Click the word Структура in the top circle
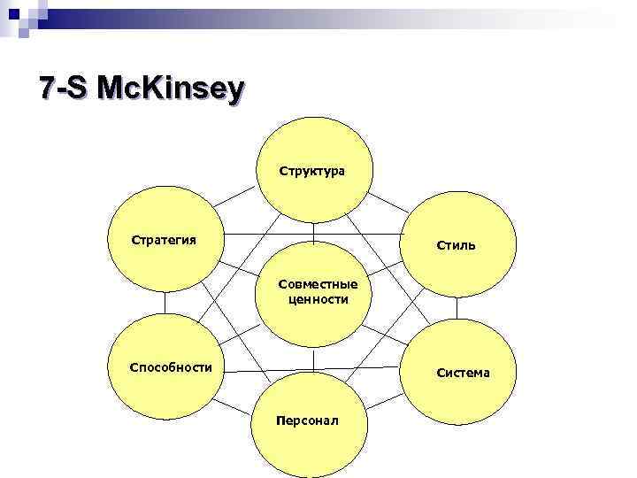pos(312,169)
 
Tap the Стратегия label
pos(164,240)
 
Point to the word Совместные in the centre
pos(318,284)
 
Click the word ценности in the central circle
pos(318,299)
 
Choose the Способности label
pos(171,367)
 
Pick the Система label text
pos(463,373)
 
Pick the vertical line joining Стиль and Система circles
pos(457,308)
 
